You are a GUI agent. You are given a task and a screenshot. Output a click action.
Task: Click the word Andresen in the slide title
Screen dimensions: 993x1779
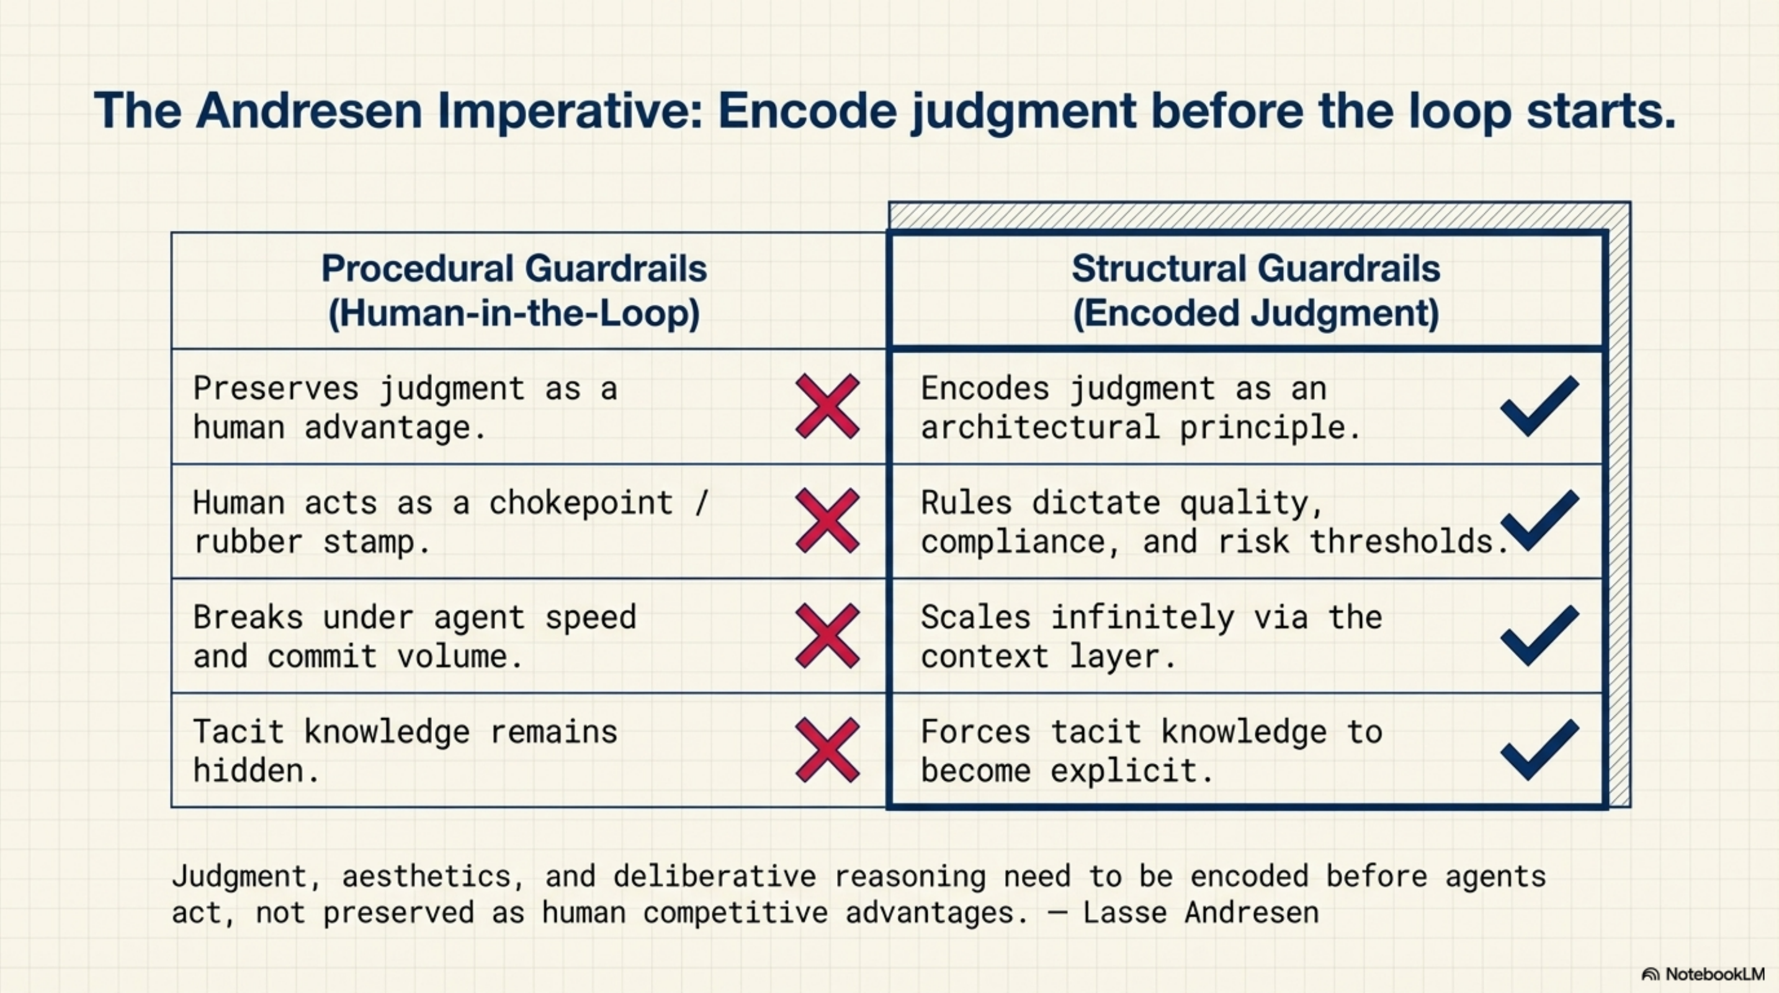tap(308, 110)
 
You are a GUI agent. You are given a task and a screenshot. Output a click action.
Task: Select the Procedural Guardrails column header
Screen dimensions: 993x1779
tap(514, 290)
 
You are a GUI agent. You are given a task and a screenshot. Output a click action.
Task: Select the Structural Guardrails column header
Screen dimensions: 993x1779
tap(1255, 290)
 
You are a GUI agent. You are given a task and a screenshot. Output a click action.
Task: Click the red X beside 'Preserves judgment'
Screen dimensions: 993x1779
tap(827, 406)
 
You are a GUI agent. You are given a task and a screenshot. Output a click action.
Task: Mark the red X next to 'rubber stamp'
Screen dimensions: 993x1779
tap(827, 521)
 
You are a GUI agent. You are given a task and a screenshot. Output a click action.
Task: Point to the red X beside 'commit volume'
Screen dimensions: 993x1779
tap(827, 636)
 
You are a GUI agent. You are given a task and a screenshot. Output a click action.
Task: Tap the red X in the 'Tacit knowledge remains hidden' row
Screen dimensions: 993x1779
tap(827, 750)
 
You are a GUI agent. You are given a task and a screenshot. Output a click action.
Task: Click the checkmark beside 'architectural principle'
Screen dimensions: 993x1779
tap(1539, 406)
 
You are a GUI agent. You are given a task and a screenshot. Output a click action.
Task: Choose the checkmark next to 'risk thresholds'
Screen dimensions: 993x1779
tap(1539, 521)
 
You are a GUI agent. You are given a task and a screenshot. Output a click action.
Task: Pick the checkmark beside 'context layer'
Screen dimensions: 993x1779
tap(1539, 636)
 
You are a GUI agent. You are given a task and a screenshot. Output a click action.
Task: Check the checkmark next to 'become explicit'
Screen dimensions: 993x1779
tap(1539, 750)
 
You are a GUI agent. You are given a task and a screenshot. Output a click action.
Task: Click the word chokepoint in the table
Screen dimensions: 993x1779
tap(581, 503)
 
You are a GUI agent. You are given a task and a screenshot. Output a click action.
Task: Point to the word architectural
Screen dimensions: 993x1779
tap(1040, 428)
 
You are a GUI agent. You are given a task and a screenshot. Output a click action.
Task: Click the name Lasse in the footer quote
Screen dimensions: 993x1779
tap(1124, 913)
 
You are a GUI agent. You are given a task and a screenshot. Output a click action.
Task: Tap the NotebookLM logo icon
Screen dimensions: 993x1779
tap(1650, 974)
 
